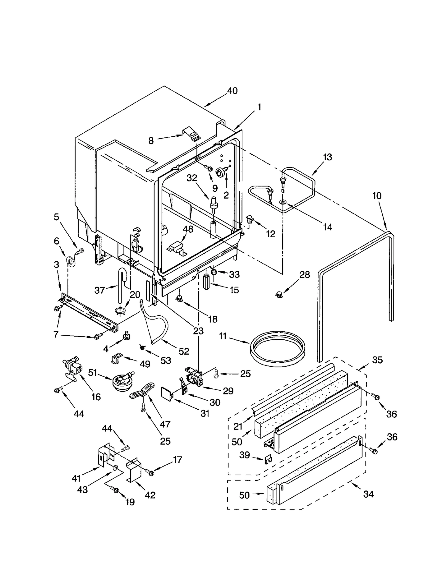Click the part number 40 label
tap(232, 91)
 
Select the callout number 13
tap(327, 157)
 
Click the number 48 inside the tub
tap(188, 229)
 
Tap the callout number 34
tap(368, 494)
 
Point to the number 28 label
tap(305, 274)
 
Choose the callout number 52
tap(184, 351)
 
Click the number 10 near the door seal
tap(377, 196)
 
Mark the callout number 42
tap(150, 495)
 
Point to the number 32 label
tap(192, 178)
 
